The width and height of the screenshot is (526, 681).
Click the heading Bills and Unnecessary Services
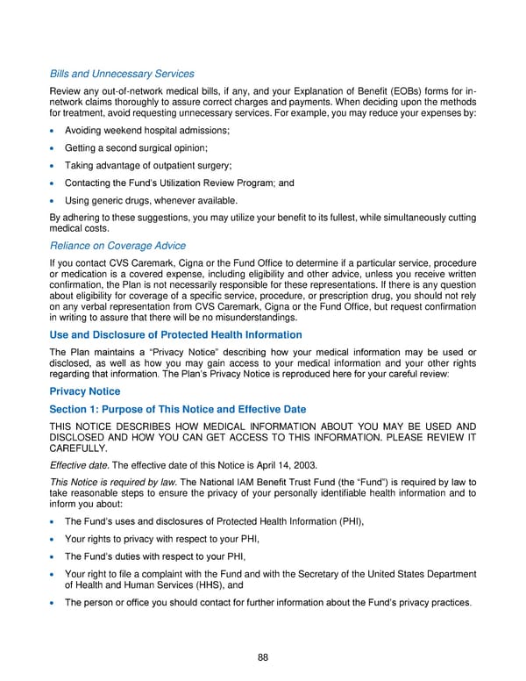click(x=122, y=73)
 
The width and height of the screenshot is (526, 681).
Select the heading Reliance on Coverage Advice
click(x=117, y=245)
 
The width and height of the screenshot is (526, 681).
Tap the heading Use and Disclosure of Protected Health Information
click(x=176, y=334)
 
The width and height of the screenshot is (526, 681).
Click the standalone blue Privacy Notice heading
click(x=85, y=391)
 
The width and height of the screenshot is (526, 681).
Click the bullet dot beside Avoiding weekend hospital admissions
click(x=54, y=131)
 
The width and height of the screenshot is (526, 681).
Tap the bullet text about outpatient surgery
click(x=148, y=165)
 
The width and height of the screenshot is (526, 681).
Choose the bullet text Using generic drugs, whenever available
click(x=152, y=200)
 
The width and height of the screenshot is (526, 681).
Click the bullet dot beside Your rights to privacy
click(x=54, y=539)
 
